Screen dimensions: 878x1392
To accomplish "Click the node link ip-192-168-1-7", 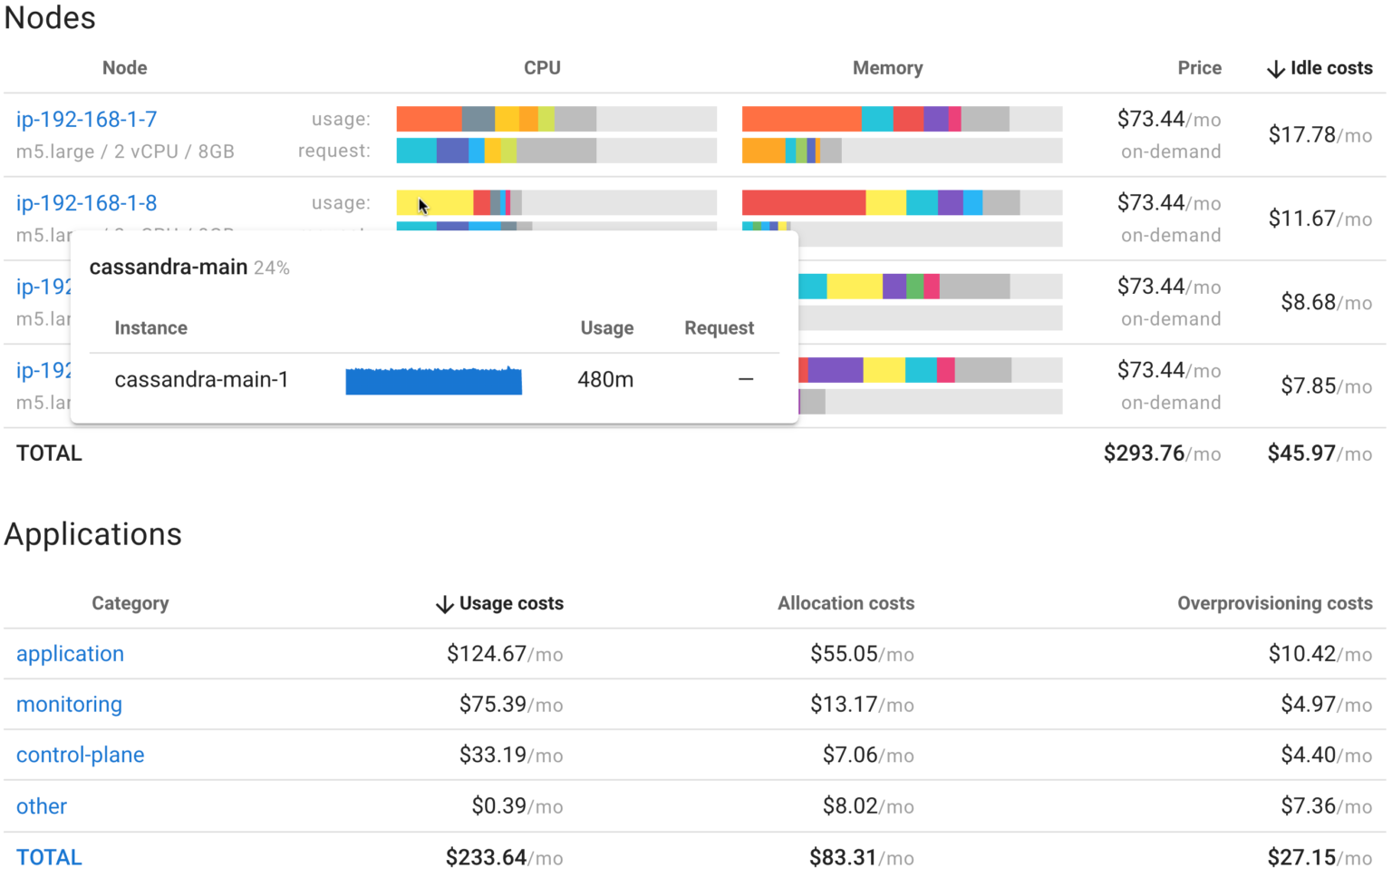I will coord(86,120).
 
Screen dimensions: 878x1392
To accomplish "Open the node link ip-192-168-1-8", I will coord(86,203).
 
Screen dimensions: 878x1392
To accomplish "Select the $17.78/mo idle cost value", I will coord(1319,135).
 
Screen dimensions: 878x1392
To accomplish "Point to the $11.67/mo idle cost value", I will coord(1319,219).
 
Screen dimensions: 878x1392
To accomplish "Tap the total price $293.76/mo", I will coord(1161,454).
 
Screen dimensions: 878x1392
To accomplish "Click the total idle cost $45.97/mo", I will coord(1319,454).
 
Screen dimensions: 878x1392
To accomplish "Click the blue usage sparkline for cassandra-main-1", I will coord(433,380).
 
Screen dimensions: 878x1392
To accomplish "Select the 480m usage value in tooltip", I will coord(605,380).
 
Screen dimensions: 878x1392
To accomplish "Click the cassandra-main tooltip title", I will coord(169,268).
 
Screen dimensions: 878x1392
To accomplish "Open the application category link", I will coord(70,654).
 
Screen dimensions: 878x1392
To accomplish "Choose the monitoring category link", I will coord(69,705).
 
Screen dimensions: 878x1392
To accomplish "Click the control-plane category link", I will coord(80,756).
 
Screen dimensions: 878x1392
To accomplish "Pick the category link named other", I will coord(42,806).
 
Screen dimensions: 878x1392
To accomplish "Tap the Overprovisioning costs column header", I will coord(1274,604).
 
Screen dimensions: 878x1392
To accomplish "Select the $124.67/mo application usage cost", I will coord(504,654).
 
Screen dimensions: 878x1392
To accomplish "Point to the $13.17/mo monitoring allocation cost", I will coord(861,705).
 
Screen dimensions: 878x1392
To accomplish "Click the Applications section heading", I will coord(93,535).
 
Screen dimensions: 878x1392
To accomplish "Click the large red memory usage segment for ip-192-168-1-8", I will coord(803,203).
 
